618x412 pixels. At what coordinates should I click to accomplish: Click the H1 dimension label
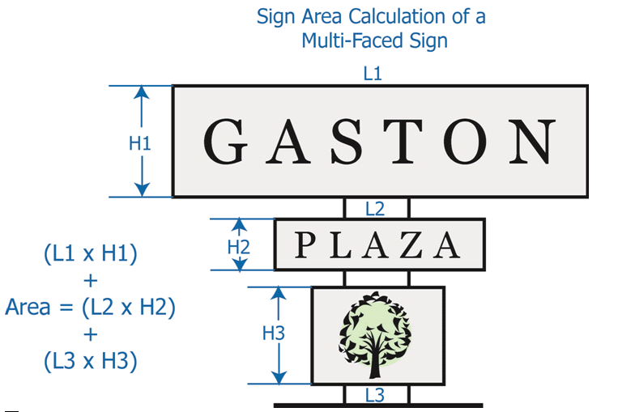coord(141,143)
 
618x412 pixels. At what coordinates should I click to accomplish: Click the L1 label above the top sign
coord(373,74)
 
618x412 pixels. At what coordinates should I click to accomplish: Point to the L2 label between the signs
coord(374,209)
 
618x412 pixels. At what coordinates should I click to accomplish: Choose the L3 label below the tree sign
coord(375,396)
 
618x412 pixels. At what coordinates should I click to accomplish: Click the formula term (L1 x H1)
coord(91,253)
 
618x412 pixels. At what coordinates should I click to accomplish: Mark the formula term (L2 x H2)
coord(130,307)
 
